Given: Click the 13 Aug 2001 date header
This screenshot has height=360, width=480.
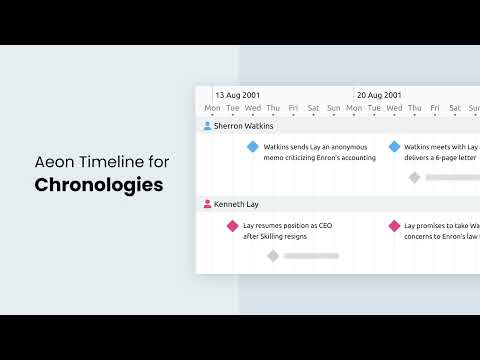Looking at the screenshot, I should [238, 95].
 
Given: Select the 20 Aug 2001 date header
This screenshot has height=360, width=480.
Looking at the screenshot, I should [380, 95].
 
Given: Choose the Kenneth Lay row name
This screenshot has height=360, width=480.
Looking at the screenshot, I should [236, 204].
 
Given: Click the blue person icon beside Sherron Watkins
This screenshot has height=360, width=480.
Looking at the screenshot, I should [207, 126].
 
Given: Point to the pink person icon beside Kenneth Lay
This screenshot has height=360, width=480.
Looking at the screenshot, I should [207, 204].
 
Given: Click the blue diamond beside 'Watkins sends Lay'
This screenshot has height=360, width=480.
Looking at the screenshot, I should [253, 147].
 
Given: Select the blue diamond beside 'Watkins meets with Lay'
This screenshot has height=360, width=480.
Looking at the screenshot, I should [394, 147].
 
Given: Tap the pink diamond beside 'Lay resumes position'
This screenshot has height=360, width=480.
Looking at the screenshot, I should [233, 226].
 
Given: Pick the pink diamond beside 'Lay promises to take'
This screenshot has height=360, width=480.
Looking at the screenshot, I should [394, 226].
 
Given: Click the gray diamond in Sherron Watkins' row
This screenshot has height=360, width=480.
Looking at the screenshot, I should [414, 177].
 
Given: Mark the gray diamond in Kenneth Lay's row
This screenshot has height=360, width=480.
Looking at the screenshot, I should [273, 256].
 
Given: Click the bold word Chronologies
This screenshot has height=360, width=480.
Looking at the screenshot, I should [99, 185].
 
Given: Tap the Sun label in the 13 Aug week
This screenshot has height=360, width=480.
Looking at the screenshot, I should [334, 108].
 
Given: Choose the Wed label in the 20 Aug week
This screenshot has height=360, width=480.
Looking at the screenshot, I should [394, 108].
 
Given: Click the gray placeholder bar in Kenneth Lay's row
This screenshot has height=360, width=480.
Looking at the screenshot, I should [311, 256].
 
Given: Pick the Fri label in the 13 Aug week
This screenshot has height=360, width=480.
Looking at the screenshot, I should [293, 108].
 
